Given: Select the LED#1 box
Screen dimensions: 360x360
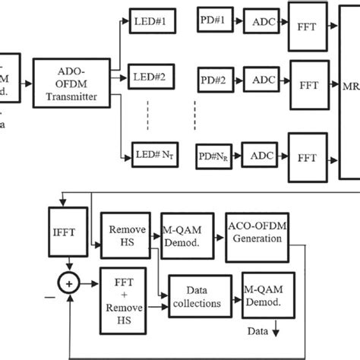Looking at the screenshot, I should point(153,20).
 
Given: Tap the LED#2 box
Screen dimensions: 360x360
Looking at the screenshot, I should point(153,75).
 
